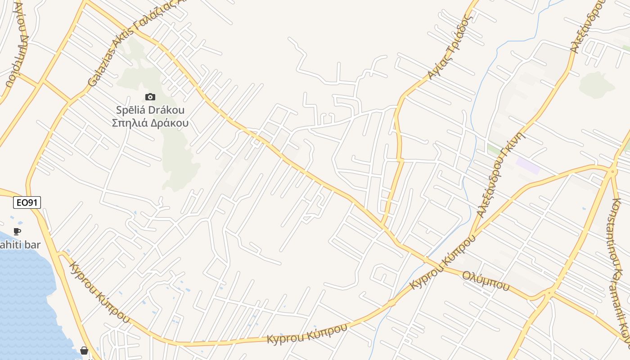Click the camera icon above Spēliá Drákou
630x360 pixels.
coord(150,97)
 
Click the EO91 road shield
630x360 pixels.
coord(27,203)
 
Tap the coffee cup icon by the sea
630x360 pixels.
coord(17,232)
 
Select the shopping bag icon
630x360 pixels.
coord(84,350)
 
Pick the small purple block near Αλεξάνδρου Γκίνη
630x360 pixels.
coord(527,165)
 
